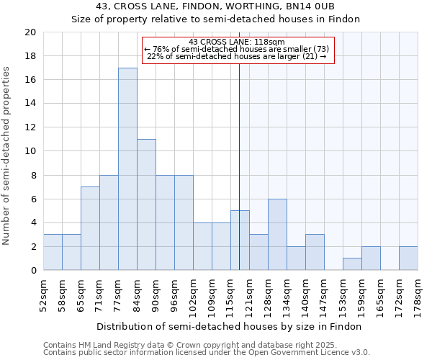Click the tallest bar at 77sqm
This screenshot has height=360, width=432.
127,169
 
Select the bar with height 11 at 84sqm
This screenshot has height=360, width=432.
146,204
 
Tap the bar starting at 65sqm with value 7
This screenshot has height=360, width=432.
90,228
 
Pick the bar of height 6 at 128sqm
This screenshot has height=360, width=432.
277,234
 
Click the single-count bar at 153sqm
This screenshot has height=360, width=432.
352,264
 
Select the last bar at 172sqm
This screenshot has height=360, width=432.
408,258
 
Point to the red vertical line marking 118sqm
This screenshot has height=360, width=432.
239,158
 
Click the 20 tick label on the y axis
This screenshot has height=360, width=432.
30,32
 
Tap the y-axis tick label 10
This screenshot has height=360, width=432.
30,151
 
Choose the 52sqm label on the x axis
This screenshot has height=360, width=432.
43,292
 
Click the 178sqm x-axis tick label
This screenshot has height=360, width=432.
418,292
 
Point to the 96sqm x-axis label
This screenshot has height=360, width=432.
174,292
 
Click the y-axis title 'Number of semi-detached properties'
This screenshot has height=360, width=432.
6,156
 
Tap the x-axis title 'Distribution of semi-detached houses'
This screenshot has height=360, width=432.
230,326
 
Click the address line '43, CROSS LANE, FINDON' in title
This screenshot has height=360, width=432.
215,6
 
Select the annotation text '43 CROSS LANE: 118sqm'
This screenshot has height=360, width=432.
237,42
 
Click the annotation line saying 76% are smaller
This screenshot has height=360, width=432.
237,49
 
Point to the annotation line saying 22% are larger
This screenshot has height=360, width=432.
237,56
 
